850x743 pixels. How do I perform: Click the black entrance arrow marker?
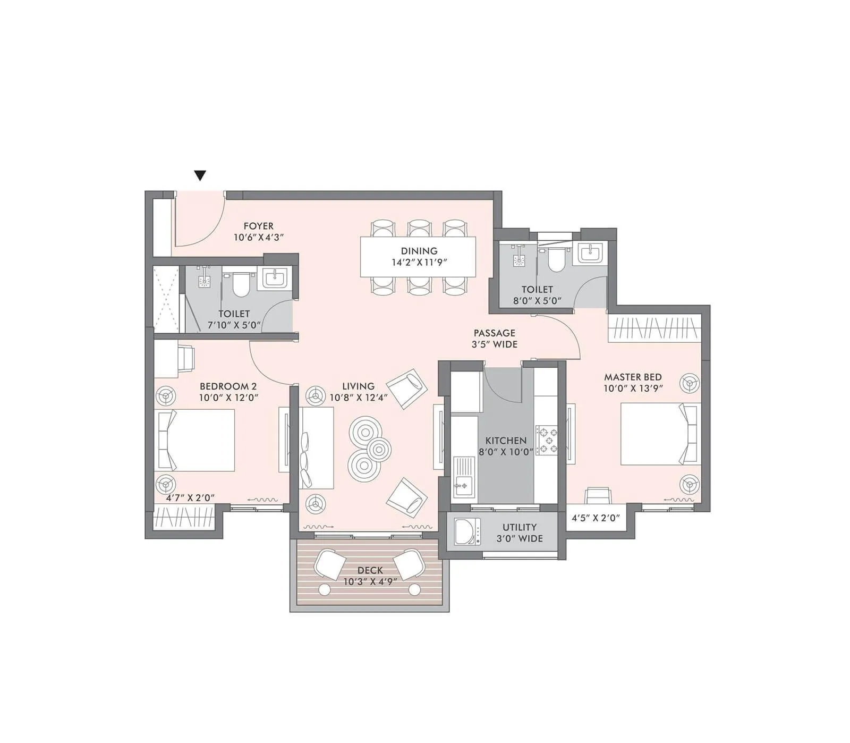(200, 176)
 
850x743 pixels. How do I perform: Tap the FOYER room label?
(259, 226)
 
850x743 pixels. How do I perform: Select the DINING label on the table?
(419, 251)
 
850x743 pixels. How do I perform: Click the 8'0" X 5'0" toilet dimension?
(537, 301)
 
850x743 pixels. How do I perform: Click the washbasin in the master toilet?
(590, 253)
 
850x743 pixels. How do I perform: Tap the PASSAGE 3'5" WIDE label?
(495, 339)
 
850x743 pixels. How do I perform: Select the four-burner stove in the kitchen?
(547, 440)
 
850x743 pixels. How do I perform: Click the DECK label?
(370, 570)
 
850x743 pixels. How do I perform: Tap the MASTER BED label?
(633, 377)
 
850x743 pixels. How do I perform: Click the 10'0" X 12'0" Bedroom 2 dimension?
(228, 398)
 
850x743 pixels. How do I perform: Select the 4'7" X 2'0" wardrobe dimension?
(190, 498)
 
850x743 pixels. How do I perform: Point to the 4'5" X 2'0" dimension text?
(596, 518)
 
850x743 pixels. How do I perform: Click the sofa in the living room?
(316, 448)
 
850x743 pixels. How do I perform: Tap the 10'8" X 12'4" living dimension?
(359, 398)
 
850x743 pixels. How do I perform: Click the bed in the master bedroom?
(659, 434)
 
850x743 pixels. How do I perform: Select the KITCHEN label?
(506, 441)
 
